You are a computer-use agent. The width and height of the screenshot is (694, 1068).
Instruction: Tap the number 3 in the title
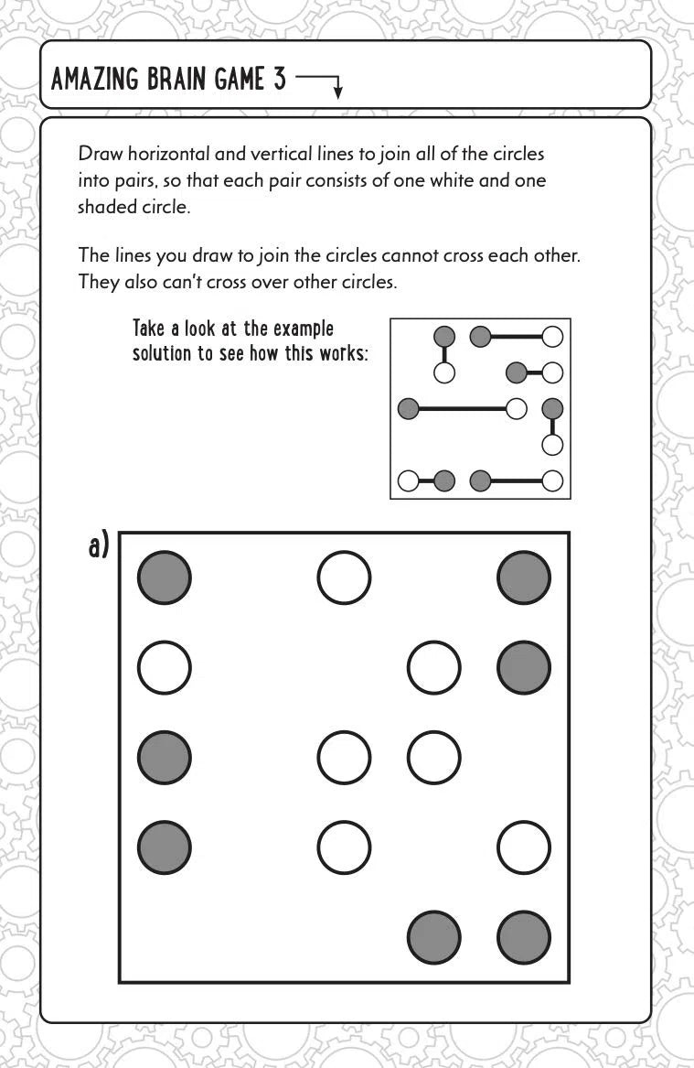pyautogui.click(x=278, y=80)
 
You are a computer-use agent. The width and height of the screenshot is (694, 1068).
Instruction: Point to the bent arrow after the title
pyautogui.click(x=320, y=83)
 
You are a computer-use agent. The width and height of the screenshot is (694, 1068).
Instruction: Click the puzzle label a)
pyautogui.click(x=99, y=547)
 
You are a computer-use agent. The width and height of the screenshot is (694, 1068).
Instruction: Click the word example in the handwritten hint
pyautogui.click(x=302, y=329)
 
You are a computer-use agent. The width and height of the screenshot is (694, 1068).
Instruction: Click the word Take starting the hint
pyautogui.click(x=151, y=329)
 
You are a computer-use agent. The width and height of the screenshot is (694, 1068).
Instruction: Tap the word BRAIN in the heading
pyautogui.click(x=168, y=80)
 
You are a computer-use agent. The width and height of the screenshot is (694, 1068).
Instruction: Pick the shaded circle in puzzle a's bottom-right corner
pyautogui.click(x=524, y=938)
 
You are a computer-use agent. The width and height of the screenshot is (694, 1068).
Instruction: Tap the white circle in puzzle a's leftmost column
pyautogui.click(x=165, y=668)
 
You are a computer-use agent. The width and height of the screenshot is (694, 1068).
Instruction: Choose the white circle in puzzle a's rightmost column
pyautogui.click(x=524, y=848)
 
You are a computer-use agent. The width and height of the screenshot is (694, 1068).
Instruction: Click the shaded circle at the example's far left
pyautogui.click(x=409, y=408)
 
